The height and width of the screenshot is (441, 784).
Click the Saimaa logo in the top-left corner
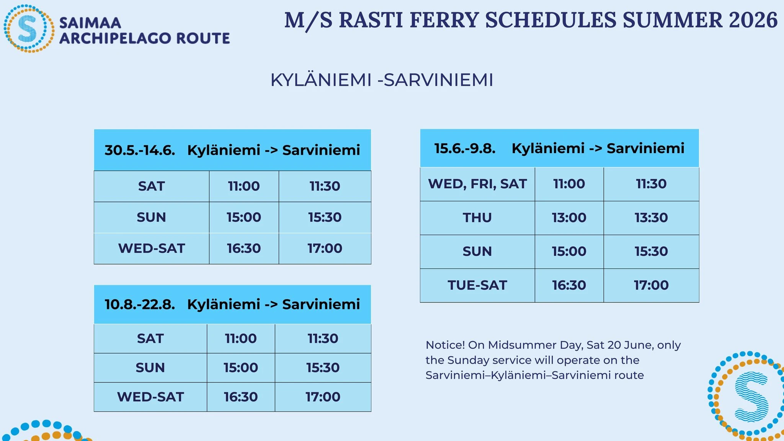29,28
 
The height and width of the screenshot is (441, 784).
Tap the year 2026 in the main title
753,20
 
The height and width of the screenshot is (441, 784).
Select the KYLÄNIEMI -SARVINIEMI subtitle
382,80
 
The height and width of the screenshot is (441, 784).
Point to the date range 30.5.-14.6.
140,150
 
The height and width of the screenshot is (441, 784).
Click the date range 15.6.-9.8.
465,148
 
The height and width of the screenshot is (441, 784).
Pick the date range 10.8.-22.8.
140,304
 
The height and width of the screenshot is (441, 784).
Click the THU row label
477,218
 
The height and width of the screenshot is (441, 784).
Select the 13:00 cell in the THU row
569,218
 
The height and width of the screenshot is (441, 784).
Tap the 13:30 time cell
651,218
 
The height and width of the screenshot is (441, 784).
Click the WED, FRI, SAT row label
477,184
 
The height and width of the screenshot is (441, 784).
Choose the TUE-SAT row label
477,285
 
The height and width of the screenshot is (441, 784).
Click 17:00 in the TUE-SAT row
651,285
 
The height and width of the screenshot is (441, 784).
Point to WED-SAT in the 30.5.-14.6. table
152,248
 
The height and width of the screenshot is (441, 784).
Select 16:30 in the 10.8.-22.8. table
241,397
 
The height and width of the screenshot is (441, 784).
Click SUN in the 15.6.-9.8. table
477,252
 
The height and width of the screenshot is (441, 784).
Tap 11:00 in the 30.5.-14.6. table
244,186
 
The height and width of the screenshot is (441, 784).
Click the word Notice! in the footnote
445,345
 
